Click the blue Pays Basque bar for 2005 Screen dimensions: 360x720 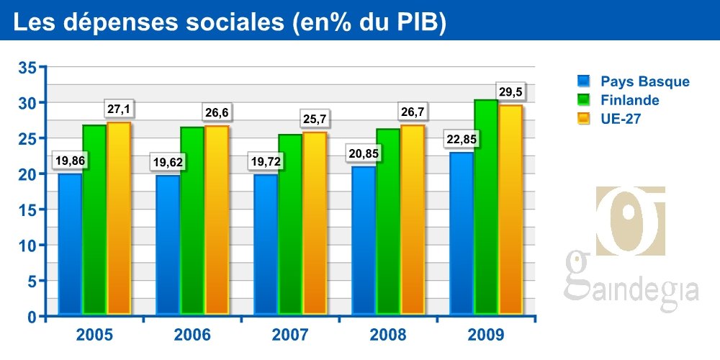point(70,244)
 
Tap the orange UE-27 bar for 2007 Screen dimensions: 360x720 point(315,223)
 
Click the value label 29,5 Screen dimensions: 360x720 point(510,91)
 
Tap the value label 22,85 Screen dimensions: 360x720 point(462,140)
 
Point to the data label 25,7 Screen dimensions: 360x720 point(315,119)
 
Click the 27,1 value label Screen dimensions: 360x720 point(119,109)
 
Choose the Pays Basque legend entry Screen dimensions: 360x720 point(644,81)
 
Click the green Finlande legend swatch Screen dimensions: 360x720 point(584,100)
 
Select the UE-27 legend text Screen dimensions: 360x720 point(621,119)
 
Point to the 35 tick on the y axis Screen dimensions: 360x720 point(27,68)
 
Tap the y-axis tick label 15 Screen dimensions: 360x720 point(27,210)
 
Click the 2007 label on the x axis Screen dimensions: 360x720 point(290,335)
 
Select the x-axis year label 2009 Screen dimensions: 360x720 point(486,335)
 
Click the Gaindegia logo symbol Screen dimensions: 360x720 point(631,220)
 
